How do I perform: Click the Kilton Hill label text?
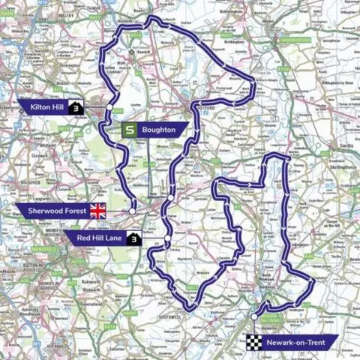coord(47,108)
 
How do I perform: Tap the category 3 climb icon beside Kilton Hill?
coord(76,108)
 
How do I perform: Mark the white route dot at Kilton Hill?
coord(109,108)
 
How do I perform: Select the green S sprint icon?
coord(129,130)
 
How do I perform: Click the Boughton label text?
coord(159,130)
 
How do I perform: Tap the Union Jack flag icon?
coord(98,211)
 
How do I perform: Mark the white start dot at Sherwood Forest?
coord(132,211)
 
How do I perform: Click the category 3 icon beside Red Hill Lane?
coord(133,239)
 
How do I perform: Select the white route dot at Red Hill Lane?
coord(168,238)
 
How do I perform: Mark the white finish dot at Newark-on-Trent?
coord(254,318)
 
